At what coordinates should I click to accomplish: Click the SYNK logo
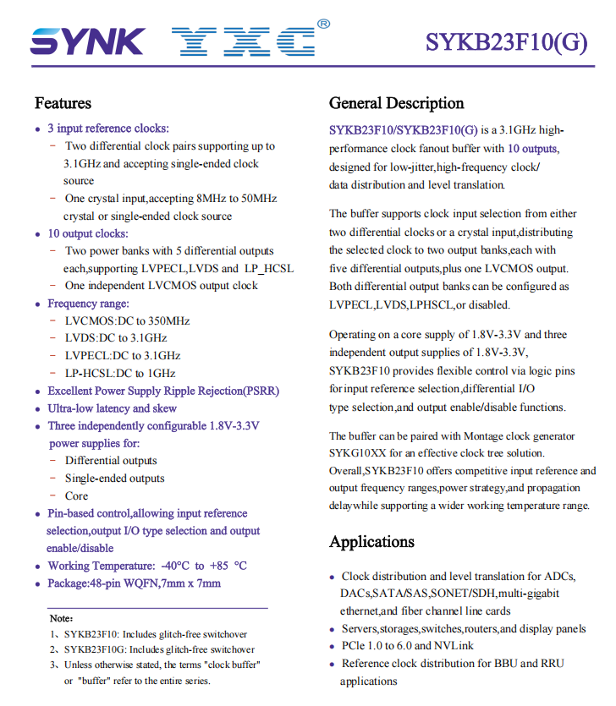point(87,41)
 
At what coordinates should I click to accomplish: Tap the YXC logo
point(244,41)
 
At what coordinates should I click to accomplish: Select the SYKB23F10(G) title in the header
point(506,41)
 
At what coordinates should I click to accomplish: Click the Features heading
point(63,103)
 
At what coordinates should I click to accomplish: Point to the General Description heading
point(396,103)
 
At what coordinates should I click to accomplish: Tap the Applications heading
point(371,542)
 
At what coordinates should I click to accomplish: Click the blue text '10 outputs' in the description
point(532,149)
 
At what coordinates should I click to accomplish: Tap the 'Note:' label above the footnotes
point(61,619)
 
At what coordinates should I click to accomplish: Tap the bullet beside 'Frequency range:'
point(37,304)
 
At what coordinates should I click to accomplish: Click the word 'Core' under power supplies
point(76,496)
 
